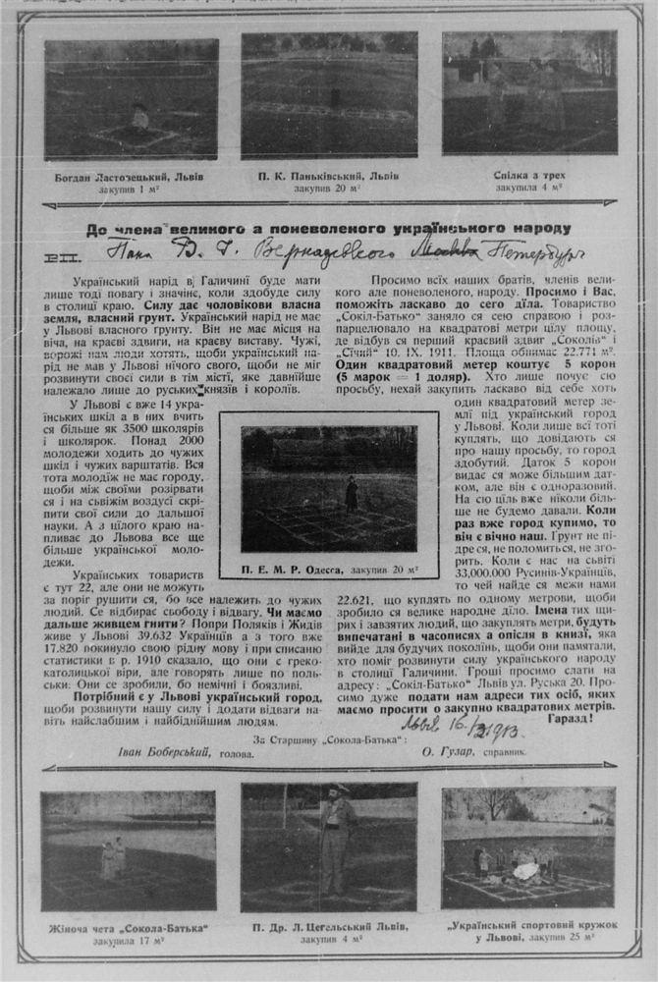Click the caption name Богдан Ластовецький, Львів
tap(131, 178)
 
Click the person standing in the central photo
tap(351, 493)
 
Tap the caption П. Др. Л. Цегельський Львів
tap(329, 927)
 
